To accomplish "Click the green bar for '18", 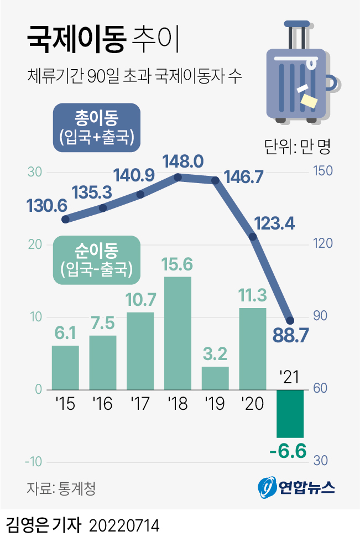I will [178, 333].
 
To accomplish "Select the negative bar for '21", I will [290, 413].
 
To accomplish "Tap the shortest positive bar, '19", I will [215, 378].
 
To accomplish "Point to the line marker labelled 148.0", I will [178, 177].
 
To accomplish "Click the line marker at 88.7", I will [290, 321].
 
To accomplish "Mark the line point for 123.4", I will [253, 237].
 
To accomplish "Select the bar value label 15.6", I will [178, 264].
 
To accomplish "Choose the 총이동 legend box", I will [97, 127].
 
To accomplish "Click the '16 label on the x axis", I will [102, 404].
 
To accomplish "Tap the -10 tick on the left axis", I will [34, 462].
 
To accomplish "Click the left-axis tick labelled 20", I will [35, 244].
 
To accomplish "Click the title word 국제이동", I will [76, 41].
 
